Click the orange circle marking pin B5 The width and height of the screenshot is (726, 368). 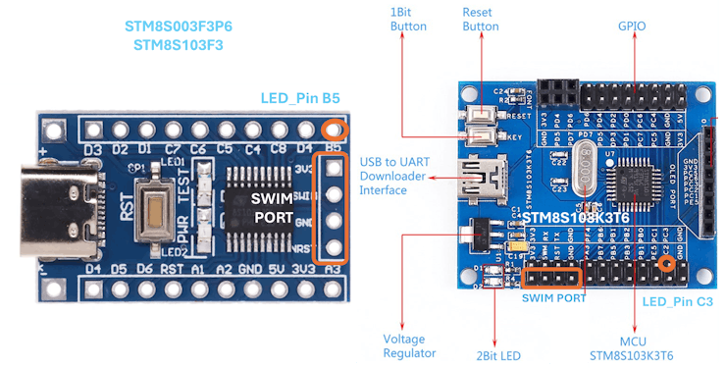336,130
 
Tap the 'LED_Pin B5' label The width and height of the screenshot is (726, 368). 300,99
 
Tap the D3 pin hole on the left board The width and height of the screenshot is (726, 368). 93,130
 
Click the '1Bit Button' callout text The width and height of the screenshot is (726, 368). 408,19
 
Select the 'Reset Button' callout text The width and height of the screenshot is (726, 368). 481,19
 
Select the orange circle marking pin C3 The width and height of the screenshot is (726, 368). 669,263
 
